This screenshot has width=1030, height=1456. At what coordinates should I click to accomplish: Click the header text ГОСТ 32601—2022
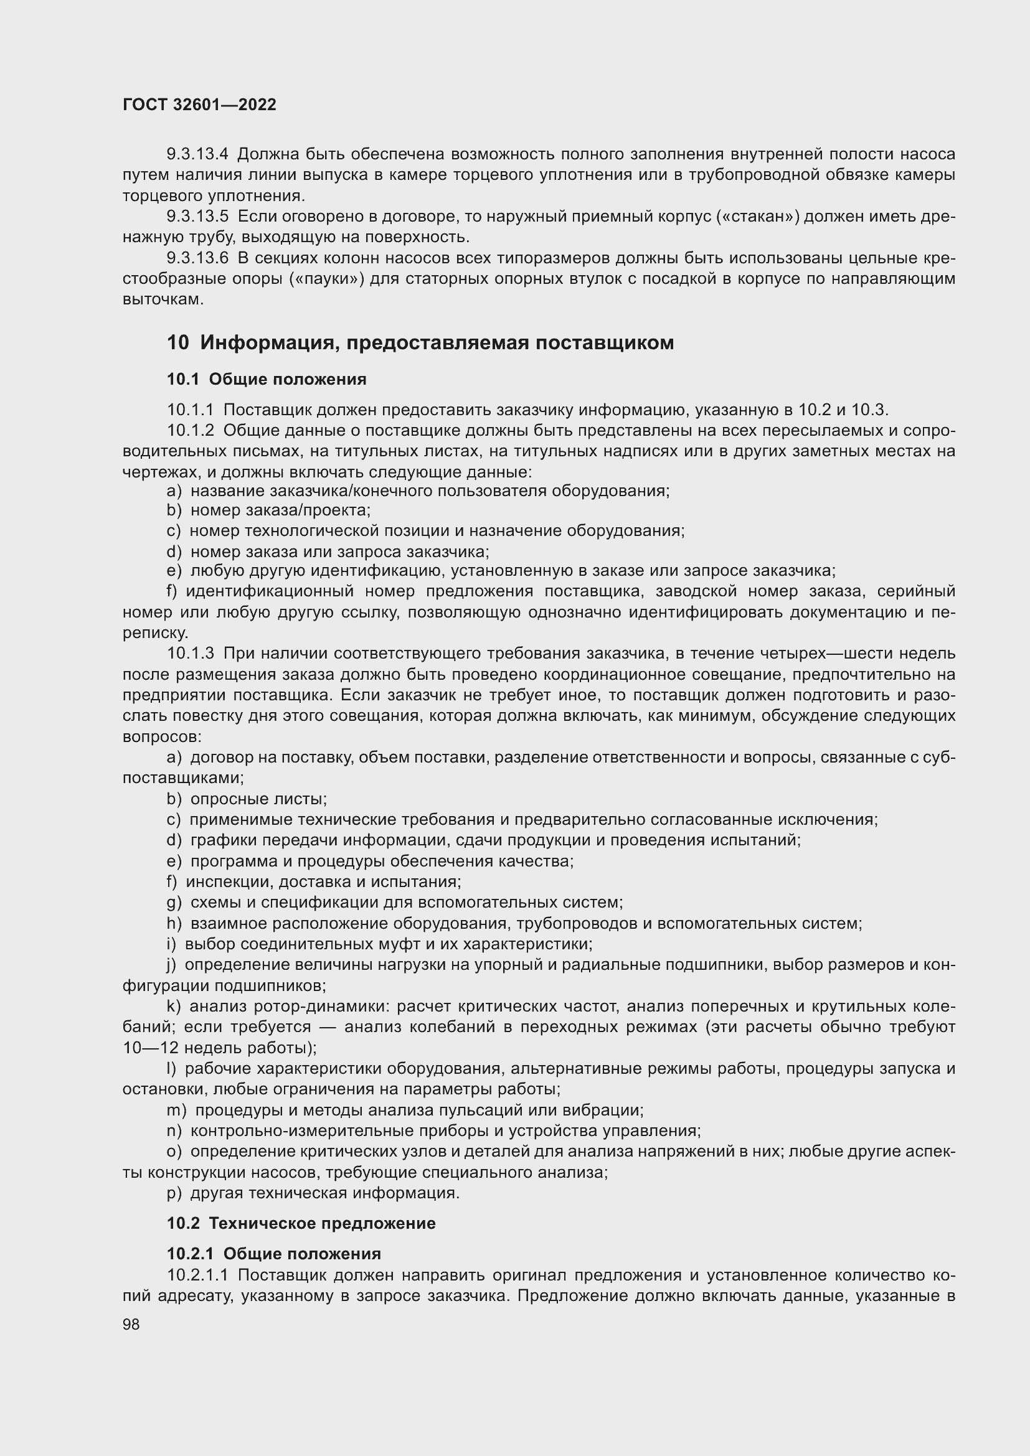pyautogui.click(x=199, y=105)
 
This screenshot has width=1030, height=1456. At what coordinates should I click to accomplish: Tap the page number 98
pyautogui.click(x=131, y=1325)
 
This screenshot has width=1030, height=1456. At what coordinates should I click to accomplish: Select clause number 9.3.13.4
pyautogui.click(x=197, y=154)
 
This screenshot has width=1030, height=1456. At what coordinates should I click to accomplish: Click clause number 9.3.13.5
pyautogui.click(x=197, y=216)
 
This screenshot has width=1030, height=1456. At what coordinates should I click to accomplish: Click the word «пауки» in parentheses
pyautogui.click(x=326, y=278)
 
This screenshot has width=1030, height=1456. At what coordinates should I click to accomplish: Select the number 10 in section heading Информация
pyautogui.click(x=177, y=342)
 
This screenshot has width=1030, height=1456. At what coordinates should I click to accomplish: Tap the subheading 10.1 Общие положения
pyautogui.click(x=267, y=379)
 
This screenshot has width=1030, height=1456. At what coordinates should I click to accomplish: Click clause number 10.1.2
pyautogui.click(x=191, y=431)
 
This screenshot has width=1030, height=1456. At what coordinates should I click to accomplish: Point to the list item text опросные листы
pyautogui.click(x=258, y=799)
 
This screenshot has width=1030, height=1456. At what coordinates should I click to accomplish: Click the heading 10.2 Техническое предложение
pyautogui.click(x=301, y=1223)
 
